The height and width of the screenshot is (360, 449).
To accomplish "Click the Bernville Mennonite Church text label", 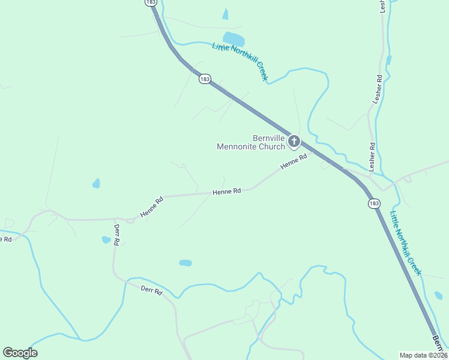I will click(250, 142).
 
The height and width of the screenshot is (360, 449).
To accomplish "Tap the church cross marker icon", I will click(294, 142).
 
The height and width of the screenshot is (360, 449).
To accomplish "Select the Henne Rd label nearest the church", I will click(295, 161).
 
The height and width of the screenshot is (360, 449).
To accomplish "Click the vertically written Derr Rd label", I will click(117, 234).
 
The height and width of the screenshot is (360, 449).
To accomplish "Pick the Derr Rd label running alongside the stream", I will click(151, 290).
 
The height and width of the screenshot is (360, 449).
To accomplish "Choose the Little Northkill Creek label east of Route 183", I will click(405, 244).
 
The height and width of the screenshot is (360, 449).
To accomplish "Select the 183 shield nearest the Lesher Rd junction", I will click(374, 203).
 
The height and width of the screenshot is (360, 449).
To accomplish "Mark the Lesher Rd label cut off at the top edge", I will click(382, 5).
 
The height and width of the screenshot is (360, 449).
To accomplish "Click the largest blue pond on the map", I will click(234, 39).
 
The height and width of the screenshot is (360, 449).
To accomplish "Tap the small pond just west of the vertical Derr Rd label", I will click(106, 240).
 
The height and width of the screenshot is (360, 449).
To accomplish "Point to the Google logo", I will click(20, 353).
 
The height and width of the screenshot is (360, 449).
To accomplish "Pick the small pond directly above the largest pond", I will click(226, 14).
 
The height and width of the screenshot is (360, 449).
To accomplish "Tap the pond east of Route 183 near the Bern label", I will click(438, 295).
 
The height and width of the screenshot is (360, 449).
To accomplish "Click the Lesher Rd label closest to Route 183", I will click(372, 155).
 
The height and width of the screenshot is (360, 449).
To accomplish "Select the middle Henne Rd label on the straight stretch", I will click(226, 191).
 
